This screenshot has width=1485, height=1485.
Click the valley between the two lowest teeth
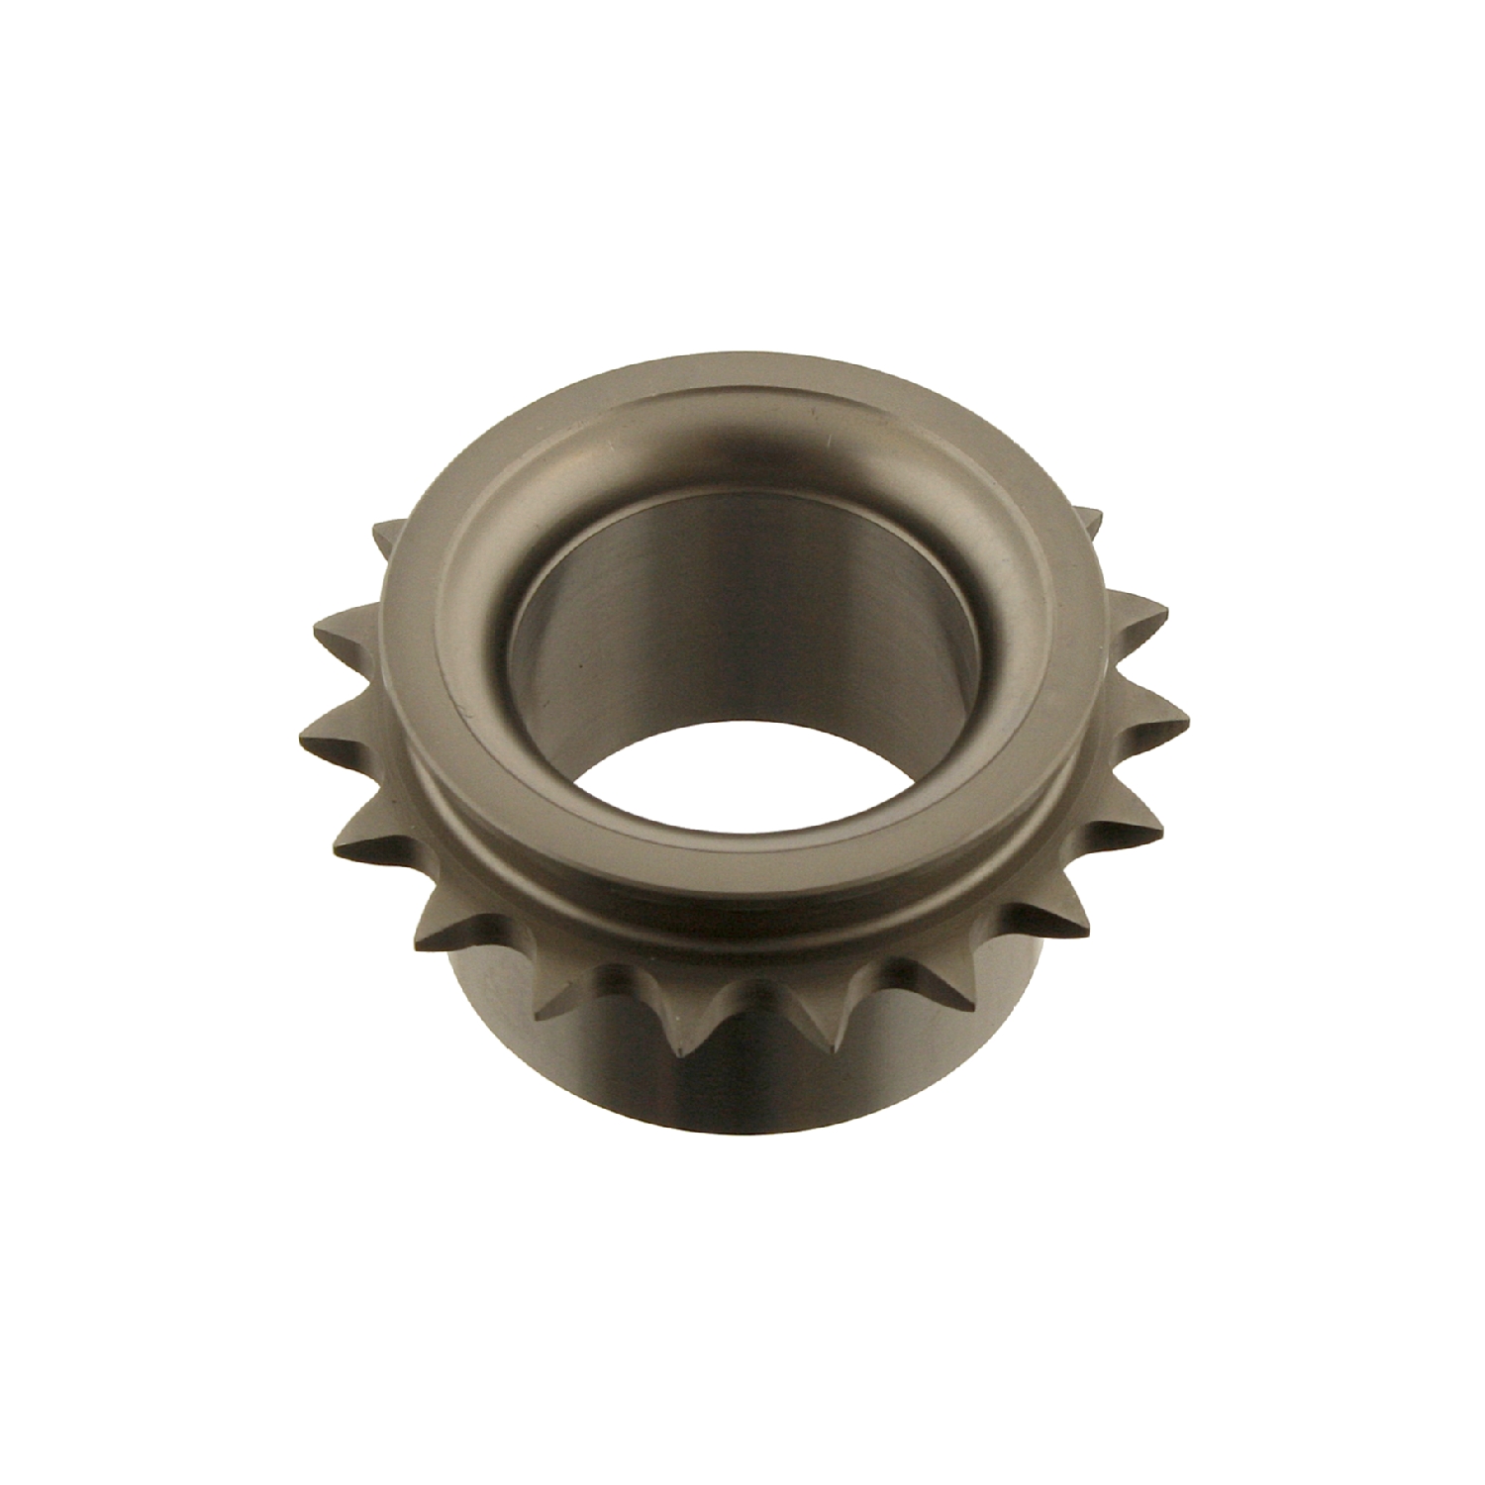757,990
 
